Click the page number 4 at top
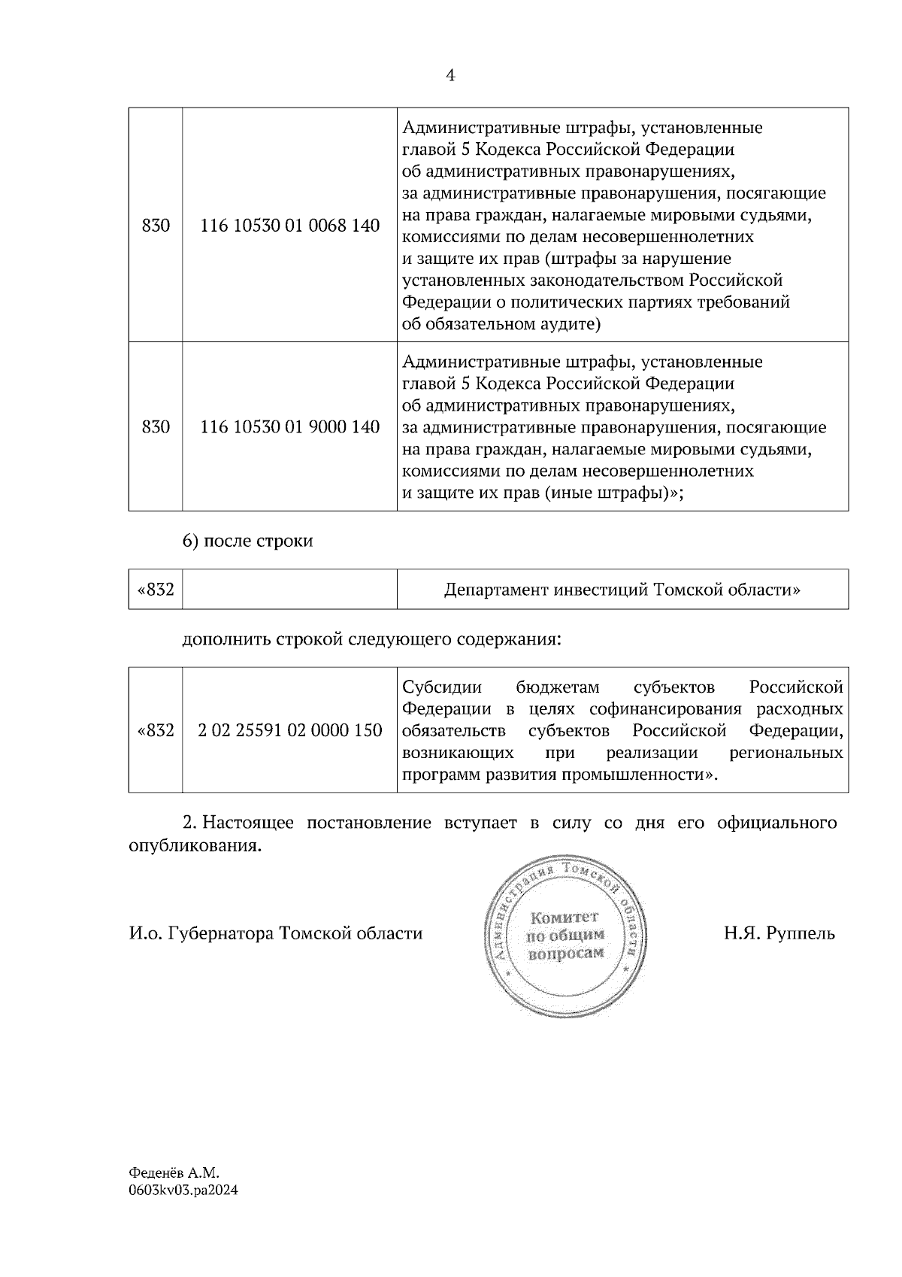[x=450, y=75]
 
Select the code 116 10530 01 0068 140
[x=289, y=226]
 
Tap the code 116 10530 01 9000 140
[x=289, y=427]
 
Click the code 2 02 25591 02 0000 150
[x=289, y=730]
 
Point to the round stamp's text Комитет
[x=565, y=918]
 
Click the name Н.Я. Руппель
[x=779, y=934]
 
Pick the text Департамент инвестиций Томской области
[x=622, y=590]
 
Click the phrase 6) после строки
[x=247, y=541]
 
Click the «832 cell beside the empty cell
[x=155, y=590]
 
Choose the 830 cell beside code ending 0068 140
[x=156, y=226]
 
